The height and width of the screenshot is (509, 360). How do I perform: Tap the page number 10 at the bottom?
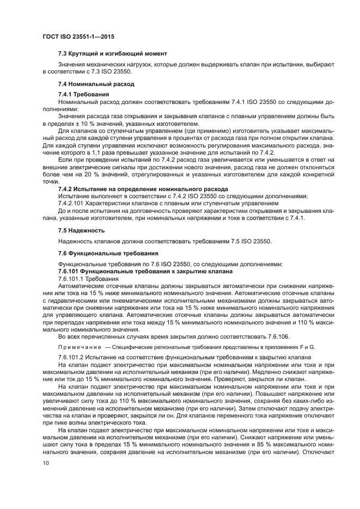45,463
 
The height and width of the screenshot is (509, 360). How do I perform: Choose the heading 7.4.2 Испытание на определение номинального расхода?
141,188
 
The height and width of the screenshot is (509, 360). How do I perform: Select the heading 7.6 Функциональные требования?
108,253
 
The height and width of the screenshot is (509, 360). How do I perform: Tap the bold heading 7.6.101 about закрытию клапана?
145,271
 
